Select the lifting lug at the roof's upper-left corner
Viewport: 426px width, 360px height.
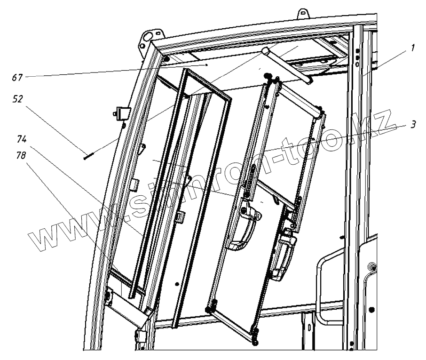click(150, 36)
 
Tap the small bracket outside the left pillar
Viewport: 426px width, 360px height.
click(121, 113)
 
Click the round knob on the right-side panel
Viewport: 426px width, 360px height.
click(372, 267)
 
